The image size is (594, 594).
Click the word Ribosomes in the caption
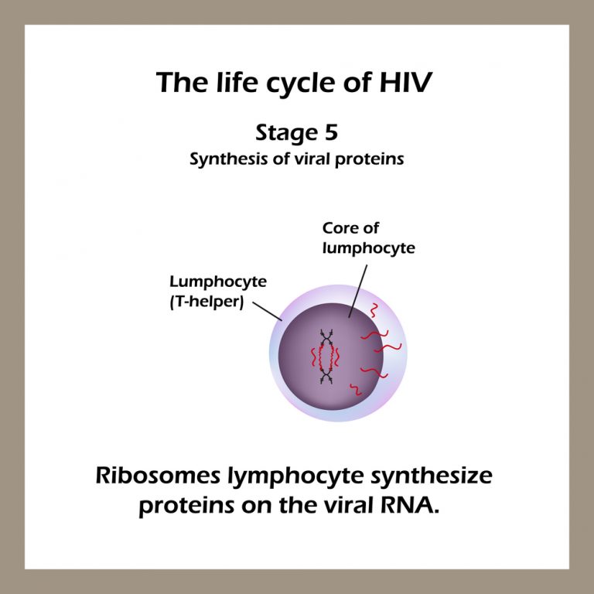click(159, 476)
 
